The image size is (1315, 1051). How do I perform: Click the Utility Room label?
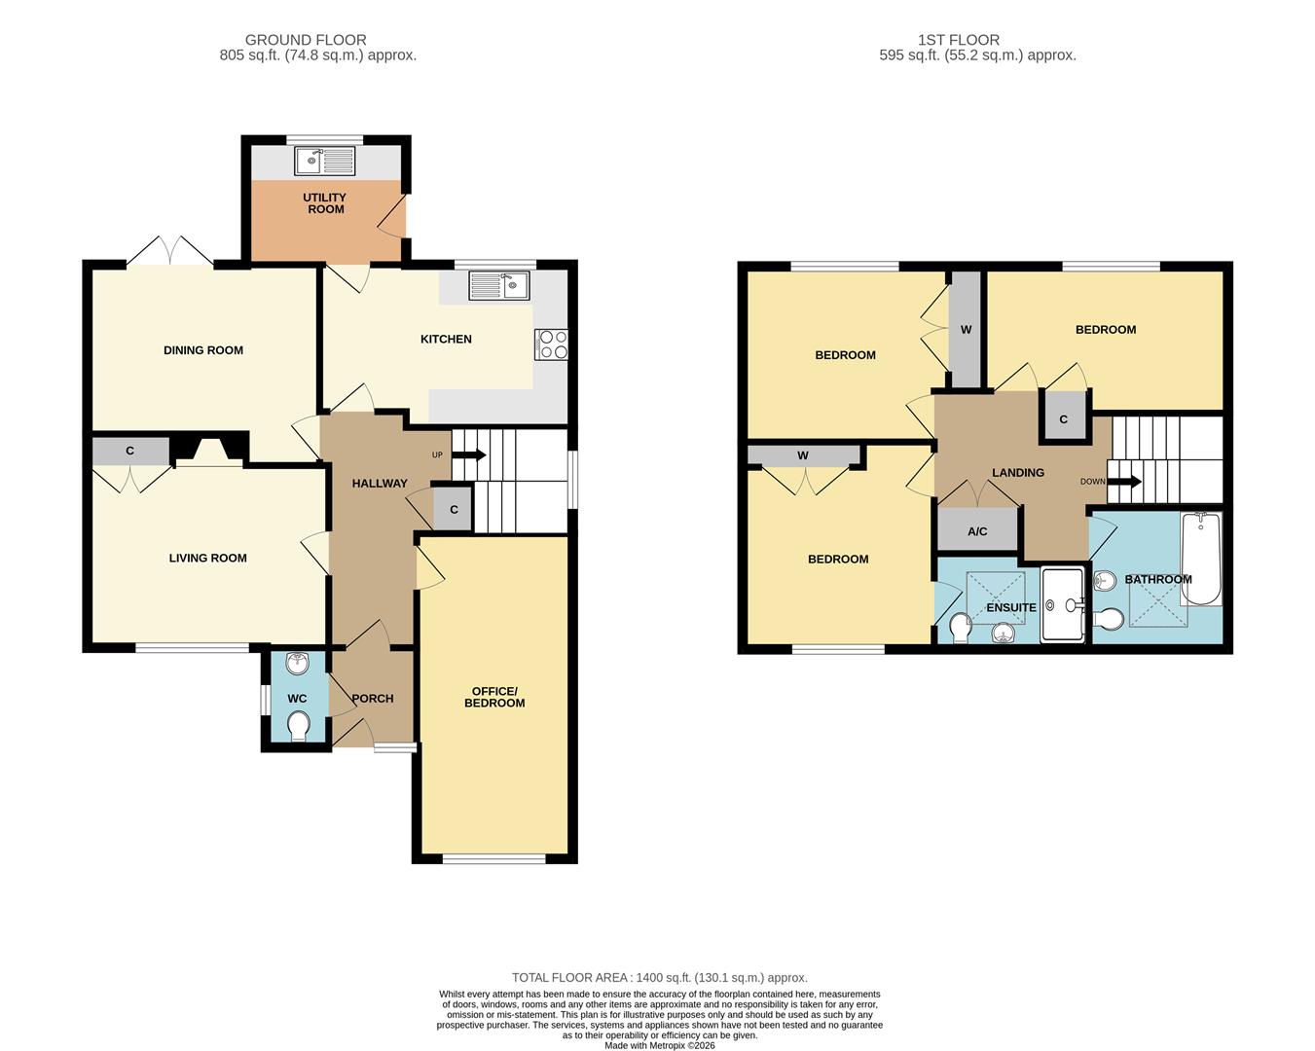coord(325,203)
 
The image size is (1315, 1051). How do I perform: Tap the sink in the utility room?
coord(325,161)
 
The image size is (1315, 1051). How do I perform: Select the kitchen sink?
coord(498,284)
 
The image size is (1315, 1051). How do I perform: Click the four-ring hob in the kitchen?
coord(551,344)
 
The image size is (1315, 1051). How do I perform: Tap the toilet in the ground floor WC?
coord(298,726)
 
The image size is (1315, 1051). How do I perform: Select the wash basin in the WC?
coord(298,665)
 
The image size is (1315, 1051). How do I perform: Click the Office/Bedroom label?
coord(494,697)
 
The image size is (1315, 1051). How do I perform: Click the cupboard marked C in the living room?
coord(129,452)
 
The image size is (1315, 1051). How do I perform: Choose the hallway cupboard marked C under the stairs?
coord(454,510)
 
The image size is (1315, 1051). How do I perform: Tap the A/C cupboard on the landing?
coord(977,531)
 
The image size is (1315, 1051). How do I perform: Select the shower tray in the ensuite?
coord(1061,605)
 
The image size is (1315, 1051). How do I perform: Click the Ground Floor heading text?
coord(306,40)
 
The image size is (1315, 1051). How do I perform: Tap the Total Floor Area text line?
coord(659,977)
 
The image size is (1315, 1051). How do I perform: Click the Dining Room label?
coord(203,350)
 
